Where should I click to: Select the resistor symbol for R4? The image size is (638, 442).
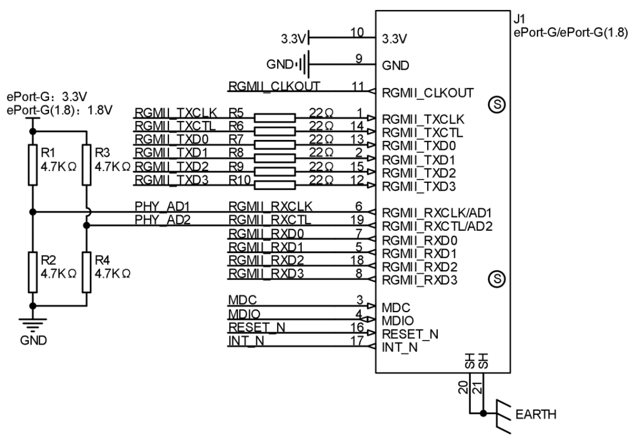(x=87, y=272)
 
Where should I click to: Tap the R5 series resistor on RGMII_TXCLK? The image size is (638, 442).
(x=274, y=118)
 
